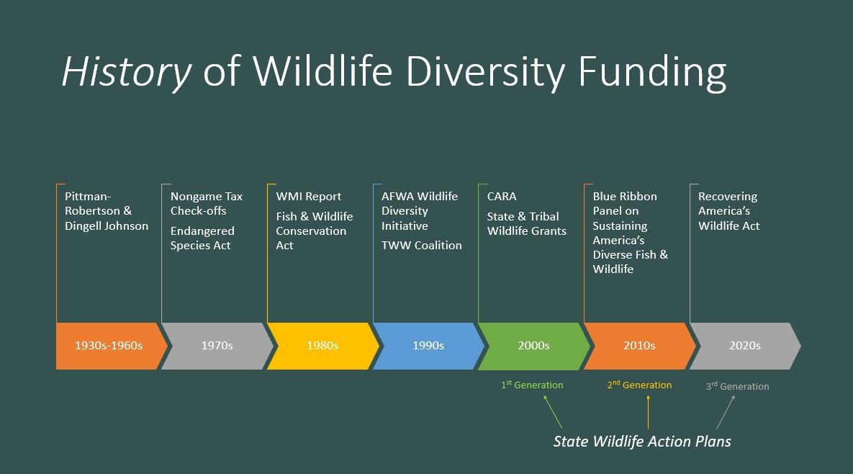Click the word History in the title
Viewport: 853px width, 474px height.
point(127,72)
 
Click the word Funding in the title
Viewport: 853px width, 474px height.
point(652,72)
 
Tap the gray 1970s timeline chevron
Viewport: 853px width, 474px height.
point(217,346)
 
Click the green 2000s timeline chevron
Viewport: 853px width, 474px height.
point(534,346)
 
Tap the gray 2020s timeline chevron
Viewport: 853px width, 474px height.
point(745,346)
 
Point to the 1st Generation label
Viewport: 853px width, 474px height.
point(532,385)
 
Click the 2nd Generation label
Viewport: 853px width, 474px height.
point(639,385)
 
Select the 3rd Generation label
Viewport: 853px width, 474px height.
point(737,386)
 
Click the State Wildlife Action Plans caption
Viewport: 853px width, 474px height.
point(642,442)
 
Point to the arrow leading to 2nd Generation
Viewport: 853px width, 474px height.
point(648,412)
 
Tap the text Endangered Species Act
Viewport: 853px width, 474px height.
point(202,238)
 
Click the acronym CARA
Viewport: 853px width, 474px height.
point(502,197)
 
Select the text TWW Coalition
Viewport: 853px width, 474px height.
point(422,246)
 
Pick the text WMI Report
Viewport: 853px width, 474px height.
point(309,197)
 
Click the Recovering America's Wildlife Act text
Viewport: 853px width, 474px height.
point(729,211)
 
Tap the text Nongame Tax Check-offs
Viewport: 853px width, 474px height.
point(206,204)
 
